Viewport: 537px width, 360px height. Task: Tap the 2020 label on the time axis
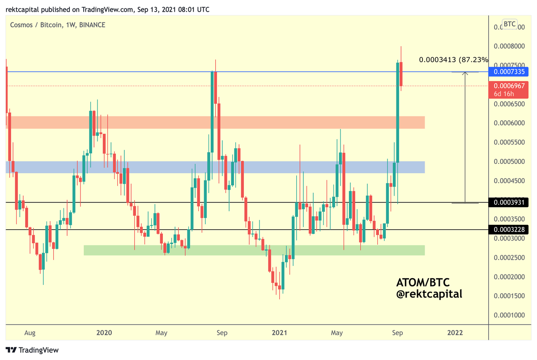(104, 333)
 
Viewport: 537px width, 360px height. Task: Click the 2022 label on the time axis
(456, 333)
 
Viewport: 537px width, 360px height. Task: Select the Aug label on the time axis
(30, 333)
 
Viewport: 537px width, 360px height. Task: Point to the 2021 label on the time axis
(279, 333)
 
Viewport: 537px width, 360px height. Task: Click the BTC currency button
(509, 24)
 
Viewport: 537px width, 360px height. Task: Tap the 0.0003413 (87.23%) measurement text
(453, 60)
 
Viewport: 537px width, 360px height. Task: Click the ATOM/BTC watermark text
(423, 283)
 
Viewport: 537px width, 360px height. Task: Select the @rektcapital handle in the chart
(429, 294)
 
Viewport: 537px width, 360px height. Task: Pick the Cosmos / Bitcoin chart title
(58, 25)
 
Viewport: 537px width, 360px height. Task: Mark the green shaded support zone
(254, 250)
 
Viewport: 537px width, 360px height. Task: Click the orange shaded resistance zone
(215, 122)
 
